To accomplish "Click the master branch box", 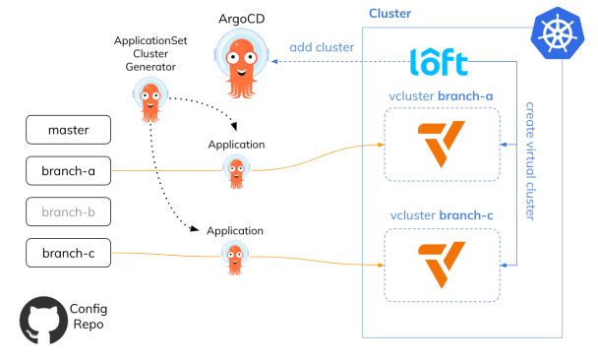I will pyautogui.click(x=68, y=129).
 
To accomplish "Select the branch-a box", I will pyautogui.click(x=68, y=171).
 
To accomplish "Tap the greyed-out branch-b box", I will pyautogui.click(x=68, y=212).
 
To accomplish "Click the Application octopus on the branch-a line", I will pyautogui.click(x=235, y=172).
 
